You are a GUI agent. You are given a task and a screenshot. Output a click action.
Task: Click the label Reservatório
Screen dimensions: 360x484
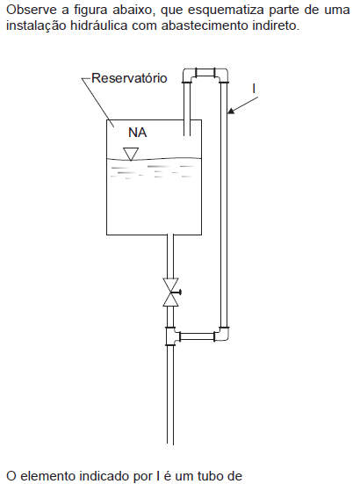pyautogui.click(x=129, y=78)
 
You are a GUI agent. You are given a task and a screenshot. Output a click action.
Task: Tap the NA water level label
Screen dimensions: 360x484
pyautogui.click(x=138, y=133)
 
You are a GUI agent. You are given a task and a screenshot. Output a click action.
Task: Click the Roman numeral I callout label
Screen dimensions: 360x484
pyautogui.click(x=254, y=89)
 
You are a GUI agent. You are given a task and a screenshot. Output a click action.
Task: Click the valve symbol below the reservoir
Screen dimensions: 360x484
pyautogui.click(x=171, y=292)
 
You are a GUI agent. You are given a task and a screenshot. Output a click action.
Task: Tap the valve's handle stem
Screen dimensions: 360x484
pyautogui.click(x=177, y=292)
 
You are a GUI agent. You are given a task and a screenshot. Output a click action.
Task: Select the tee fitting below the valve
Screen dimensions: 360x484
pyautogui.click(x=172, y=336)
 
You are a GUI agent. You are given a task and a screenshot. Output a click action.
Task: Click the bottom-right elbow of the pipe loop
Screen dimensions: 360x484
pyautogui.click(x=224, y=334)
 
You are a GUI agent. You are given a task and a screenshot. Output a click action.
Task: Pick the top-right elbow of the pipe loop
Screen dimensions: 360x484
pyautogui.click(x=223, y=75)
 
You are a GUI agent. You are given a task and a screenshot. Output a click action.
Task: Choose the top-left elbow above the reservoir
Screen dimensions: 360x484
pyautogui.click(x=188, y=75)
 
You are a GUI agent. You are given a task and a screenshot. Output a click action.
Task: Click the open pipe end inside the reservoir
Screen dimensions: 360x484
pyautogui.click(x=187, y=135)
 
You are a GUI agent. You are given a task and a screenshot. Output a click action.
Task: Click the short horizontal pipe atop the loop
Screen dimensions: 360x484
pyautogui.click(x=205, y=73)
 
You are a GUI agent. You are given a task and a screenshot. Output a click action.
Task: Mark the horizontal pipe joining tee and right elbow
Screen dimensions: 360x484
pyautogui.click(x=197, y=336)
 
